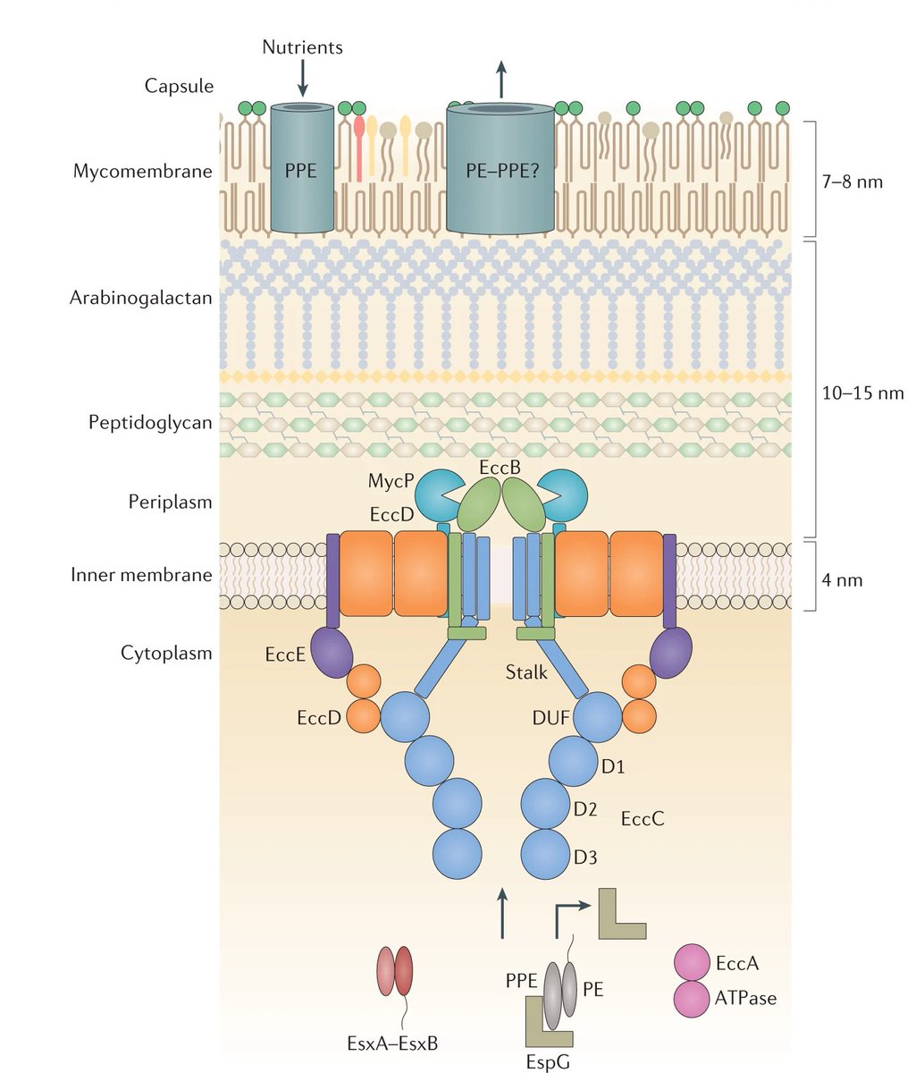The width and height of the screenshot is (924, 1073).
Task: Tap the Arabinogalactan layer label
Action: (140, 298)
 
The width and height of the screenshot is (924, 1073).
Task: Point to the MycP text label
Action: (391, 482)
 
